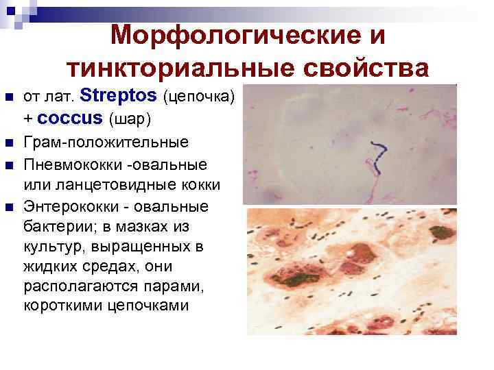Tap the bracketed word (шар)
130,119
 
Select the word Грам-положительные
106,143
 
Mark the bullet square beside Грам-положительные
8,144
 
